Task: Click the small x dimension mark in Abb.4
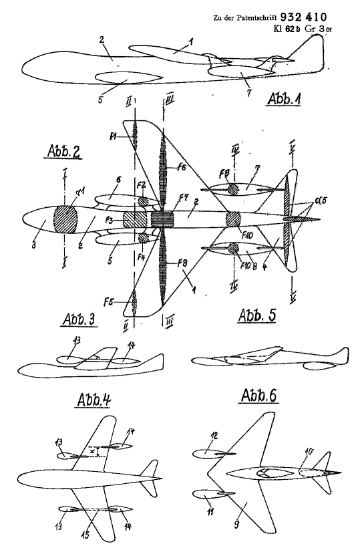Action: coord(91,452)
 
